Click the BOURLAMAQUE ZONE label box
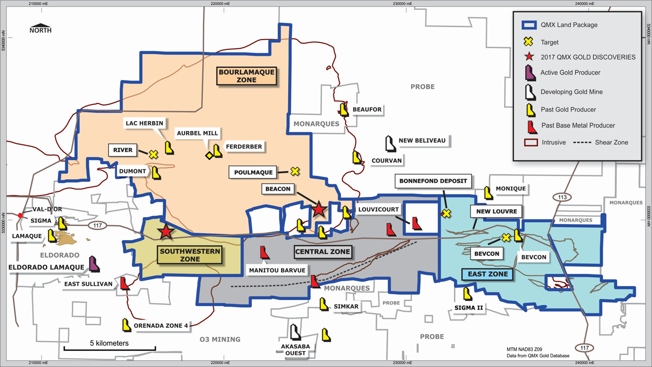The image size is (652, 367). (246, 76)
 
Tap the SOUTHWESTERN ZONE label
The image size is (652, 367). (190, 255)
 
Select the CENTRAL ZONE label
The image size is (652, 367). (322, 251)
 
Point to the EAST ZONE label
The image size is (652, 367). (488, 274)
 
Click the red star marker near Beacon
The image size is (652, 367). (319, 209)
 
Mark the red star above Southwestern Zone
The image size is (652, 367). (166, 231)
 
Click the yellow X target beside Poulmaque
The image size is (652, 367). (295, 171)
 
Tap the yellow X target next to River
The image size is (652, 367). (154, 155)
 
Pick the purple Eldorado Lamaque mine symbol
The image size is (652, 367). (94, 263)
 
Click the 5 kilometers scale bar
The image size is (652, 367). (110, 349)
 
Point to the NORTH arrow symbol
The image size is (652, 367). (40, 26)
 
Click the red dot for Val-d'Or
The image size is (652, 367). (20, 215)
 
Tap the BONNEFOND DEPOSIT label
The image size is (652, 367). (433, 181)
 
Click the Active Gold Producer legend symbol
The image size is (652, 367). (529, 73)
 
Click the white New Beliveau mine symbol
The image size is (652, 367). (390, 143)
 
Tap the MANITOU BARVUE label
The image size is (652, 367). (277, 270)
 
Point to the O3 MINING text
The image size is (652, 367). (220, 339)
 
